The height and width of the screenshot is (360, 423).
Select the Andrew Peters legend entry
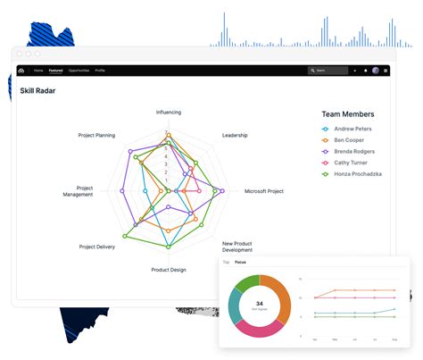coord(352,129)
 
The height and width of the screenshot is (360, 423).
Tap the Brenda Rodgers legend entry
coord(354,151)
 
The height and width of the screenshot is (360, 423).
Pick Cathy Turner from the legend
coord(352,163)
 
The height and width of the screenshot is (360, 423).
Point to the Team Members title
coord(347,114)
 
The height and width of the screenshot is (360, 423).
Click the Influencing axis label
coord(168,113)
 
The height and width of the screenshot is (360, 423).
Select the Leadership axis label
coord(234,135)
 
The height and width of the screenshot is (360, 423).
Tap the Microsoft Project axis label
coord(263,191)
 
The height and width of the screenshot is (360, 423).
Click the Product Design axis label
coord(168,269)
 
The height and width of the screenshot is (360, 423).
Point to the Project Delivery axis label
coord(96,247)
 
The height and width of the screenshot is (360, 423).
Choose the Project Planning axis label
coord(96,135)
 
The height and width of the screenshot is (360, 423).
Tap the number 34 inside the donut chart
coord(258,303)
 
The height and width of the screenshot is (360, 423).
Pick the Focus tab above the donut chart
coord(240,263)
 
